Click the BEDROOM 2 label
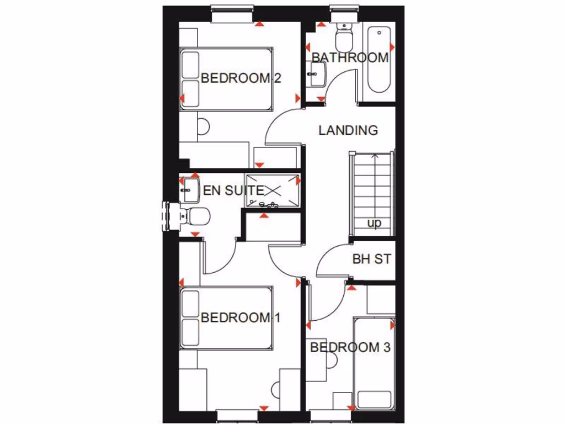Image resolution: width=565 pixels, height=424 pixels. (x=241, y=78)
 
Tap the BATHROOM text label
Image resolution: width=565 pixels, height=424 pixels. (x=350, y=57)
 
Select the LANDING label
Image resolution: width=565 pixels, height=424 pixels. (x=348, y=130)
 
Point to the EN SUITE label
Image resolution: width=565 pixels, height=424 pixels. (x=233, y=190)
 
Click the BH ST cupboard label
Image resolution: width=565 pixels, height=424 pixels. (x=371, y=258)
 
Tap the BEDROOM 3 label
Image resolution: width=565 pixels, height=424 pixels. (x=350, y=347)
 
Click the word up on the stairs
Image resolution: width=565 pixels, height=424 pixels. (x=374, y=224)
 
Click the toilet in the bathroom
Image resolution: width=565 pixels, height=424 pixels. (x=345, y=37)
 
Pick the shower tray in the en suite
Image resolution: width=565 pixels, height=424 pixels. (x=273, y=190)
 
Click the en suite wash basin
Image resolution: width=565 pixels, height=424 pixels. (x=189, y=189)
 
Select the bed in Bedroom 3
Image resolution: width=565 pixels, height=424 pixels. (x=374, y=362)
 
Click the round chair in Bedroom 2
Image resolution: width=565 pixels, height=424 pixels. (x=203, y=127)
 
